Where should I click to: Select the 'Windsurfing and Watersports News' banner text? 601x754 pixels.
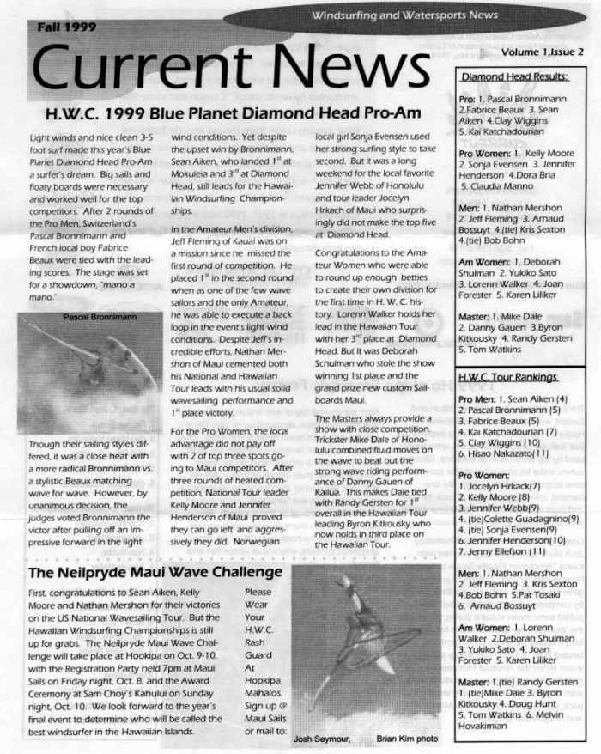pos(417,15)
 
